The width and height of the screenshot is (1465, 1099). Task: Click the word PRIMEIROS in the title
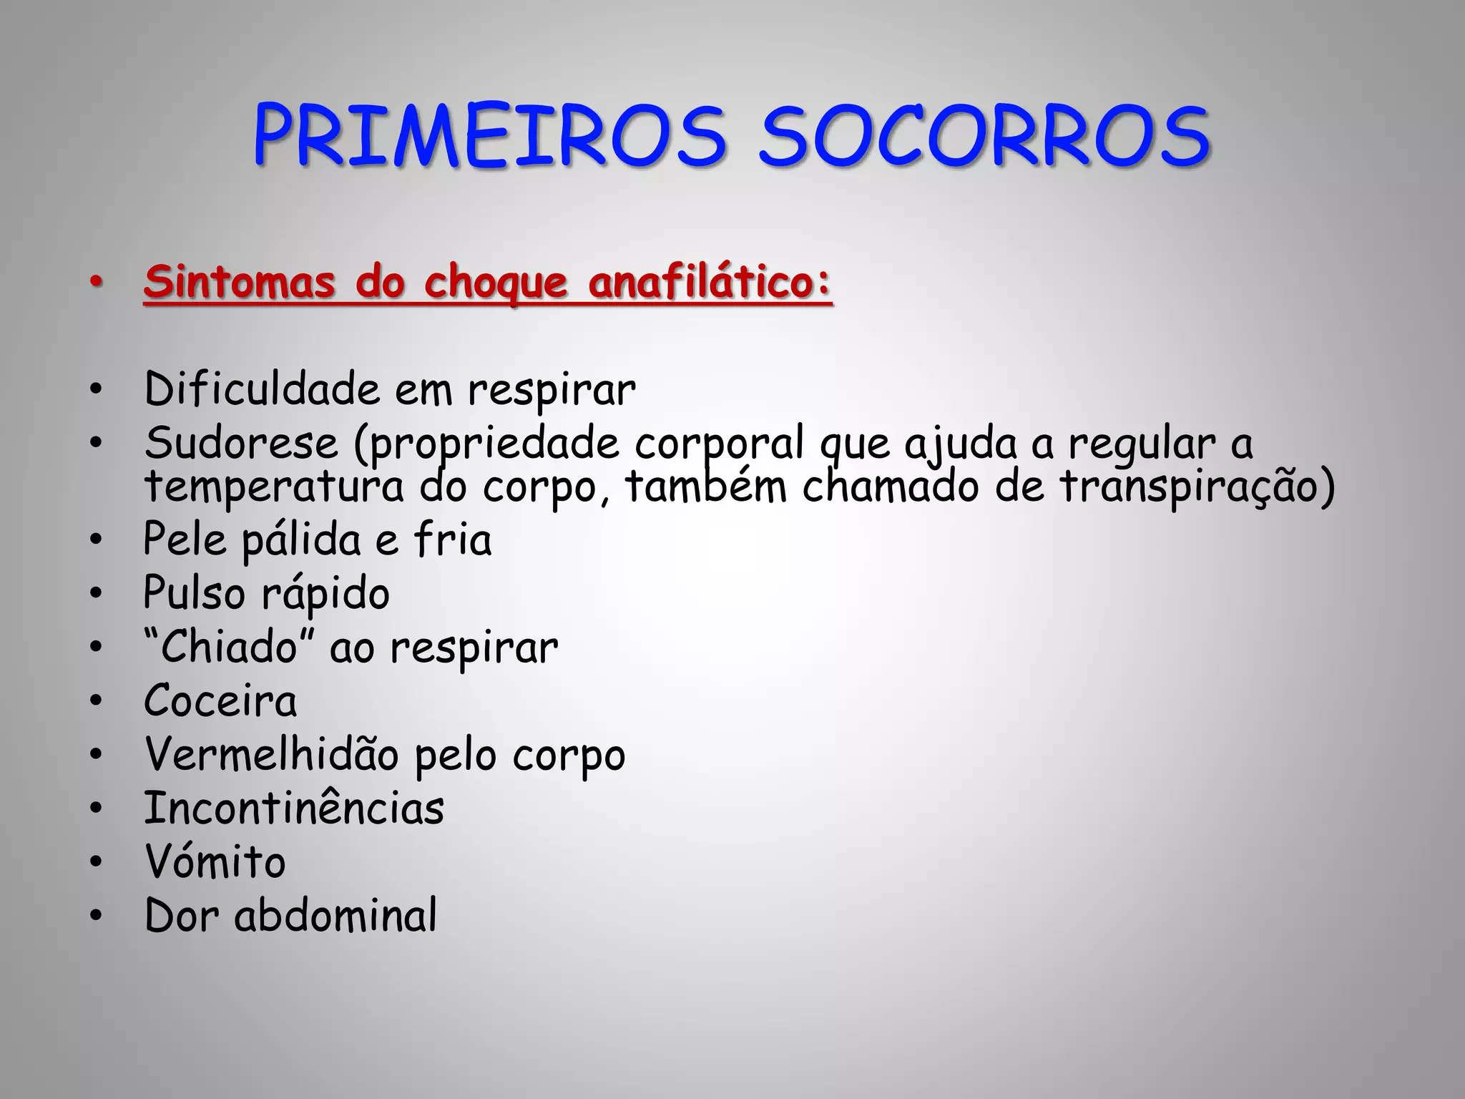tap(489, 136)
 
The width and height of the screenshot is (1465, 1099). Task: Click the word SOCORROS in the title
tap(984, 136)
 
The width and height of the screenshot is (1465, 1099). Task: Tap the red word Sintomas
tap(240, 282)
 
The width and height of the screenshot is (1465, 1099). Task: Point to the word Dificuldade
tap(262, 389)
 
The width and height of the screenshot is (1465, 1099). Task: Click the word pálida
tap(301, 539)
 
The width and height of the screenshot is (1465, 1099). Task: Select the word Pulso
tap(194, 593)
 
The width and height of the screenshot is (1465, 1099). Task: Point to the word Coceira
tap(220, 700)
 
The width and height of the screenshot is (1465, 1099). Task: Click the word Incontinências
tap(294, 808)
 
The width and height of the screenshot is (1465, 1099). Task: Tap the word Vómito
tap(215, 861)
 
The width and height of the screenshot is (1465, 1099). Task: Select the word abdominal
tap(335, 915)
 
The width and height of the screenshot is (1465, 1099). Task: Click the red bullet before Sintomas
tap(96, 283)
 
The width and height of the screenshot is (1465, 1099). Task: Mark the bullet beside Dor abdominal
tap(96, 915)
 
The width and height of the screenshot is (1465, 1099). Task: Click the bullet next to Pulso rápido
tap(96, 593)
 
